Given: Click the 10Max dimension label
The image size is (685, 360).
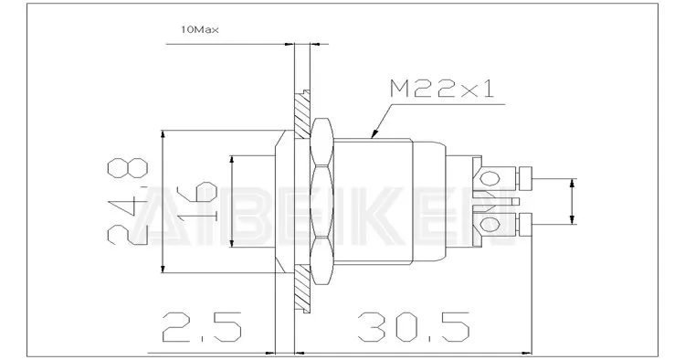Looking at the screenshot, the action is (200, 30).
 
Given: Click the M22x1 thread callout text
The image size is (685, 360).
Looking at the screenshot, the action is (442, 90).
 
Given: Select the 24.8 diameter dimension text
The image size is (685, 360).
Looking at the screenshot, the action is (128, 201).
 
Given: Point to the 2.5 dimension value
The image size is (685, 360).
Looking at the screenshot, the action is (202, 327).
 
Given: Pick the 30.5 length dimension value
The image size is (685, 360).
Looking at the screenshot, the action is (413, 327).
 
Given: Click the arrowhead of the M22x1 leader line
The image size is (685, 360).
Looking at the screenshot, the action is (374, 133).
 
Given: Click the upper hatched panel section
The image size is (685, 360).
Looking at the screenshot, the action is (301, 115).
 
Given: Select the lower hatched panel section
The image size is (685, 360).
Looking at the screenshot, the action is (301, 289).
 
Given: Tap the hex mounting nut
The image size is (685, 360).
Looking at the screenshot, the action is (321, 201).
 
